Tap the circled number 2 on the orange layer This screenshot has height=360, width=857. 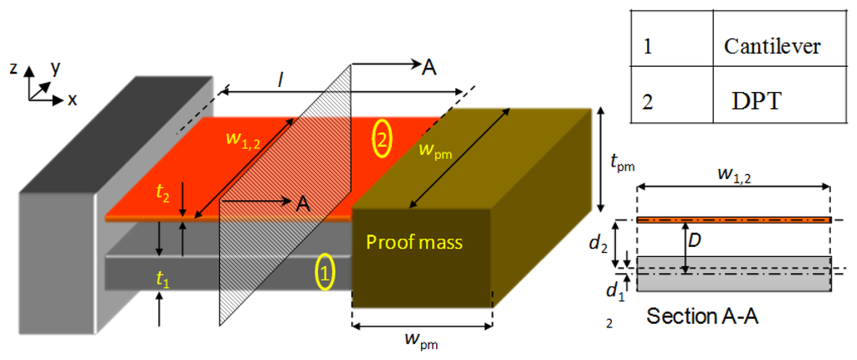381,140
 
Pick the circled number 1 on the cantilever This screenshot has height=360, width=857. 326,272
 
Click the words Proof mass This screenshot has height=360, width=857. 413,243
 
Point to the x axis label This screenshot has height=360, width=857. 73,100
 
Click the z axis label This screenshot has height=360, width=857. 14,69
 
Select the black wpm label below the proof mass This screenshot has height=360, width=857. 421,341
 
